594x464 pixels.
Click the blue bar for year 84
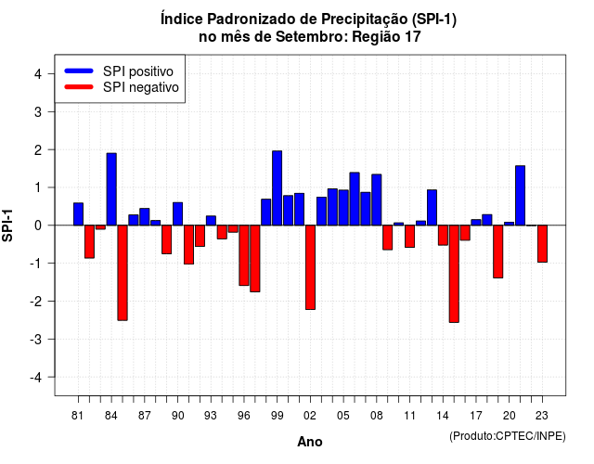(111, 189)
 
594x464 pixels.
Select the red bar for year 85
(123, 273)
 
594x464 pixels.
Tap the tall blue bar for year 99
(277, 187)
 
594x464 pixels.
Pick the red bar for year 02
(310, 267)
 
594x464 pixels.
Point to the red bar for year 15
(454, 274)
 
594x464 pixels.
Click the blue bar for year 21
(520, 196)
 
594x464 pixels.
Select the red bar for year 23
(542, 243)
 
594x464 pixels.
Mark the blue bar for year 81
(78, 214)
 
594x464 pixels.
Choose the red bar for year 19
(497, 251)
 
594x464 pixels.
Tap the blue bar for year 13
(432, 208)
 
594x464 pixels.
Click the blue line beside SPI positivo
(79, 71)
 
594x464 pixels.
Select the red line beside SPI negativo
(79, 87)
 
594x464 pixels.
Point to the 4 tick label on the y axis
(38, 74)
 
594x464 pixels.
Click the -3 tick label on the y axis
(35, 340)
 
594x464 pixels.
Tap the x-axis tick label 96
(243, 416)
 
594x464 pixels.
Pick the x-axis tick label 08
(376, 416)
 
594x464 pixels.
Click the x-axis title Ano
(310, 442)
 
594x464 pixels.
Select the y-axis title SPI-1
(7, 226)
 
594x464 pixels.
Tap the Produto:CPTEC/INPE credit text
(508, 436)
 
